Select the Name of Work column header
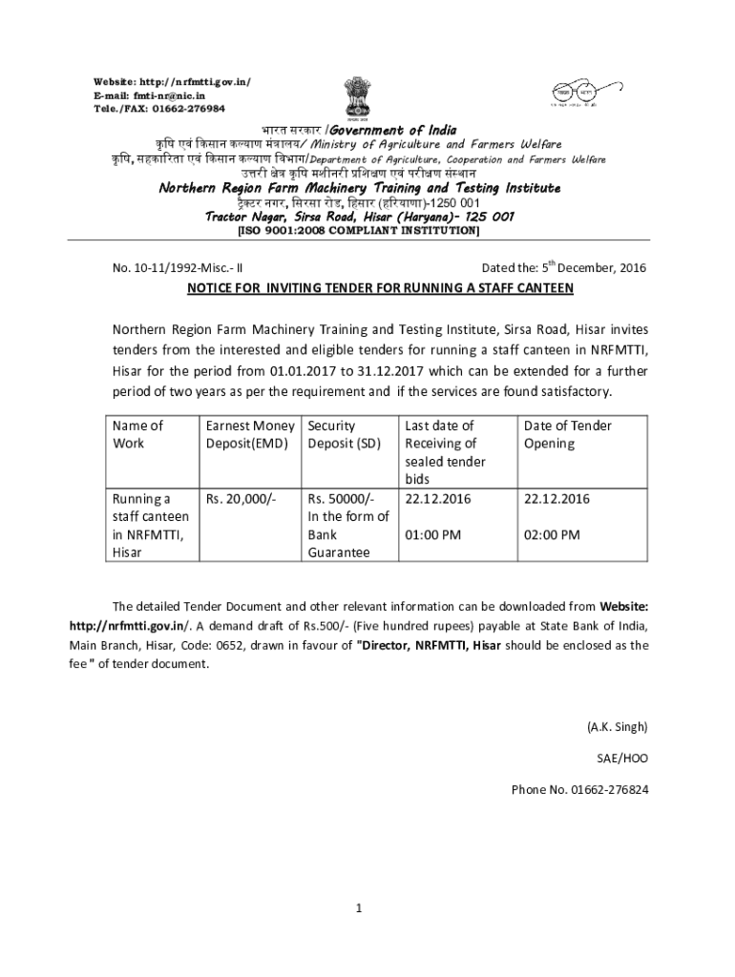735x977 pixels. (x=138, y=434)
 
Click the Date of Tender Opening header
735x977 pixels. (x=568, y=434)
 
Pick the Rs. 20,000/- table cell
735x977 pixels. (x=241, y=499)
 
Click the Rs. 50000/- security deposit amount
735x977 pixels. (x=341, y=499)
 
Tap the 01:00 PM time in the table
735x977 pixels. (x=433, y=534)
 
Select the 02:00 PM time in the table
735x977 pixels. (x=552, y=534)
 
